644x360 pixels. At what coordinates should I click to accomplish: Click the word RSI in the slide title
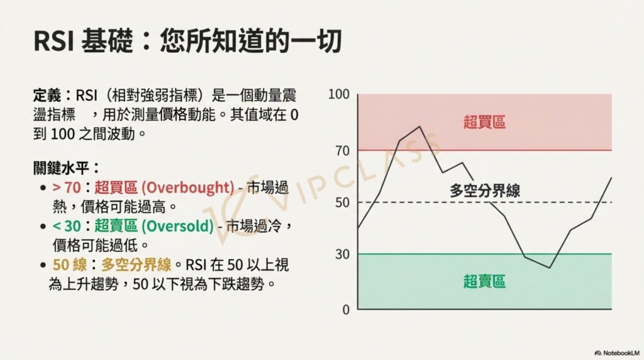[53, 41]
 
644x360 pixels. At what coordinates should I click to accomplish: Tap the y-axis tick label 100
[338, 94]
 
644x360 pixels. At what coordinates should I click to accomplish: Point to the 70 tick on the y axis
[342, 151]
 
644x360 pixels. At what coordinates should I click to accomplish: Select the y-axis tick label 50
[342, 203]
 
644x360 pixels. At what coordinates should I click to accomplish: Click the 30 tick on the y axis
[342, 254]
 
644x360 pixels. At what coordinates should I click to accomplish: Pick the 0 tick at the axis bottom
[346, 310]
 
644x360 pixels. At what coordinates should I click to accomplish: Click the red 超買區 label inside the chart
[484, 122]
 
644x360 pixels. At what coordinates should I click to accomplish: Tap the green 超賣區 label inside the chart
[484, 281]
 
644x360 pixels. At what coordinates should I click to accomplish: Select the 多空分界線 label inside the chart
[485, 191]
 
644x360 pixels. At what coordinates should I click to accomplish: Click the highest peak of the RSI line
[419, 127]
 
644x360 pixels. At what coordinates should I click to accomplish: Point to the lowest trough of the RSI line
[549, 268]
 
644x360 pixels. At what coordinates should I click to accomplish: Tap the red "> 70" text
[67, 188]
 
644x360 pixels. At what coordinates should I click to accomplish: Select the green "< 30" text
[67, 226]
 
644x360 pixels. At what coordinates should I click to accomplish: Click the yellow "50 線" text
[70, 265]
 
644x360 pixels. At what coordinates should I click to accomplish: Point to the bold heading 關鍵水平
[61, 168]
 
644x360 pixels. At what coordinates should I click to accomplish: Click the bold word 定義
[47, 96]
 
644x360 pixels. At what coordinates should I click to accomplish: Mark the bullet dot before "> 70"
[43, 188]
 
